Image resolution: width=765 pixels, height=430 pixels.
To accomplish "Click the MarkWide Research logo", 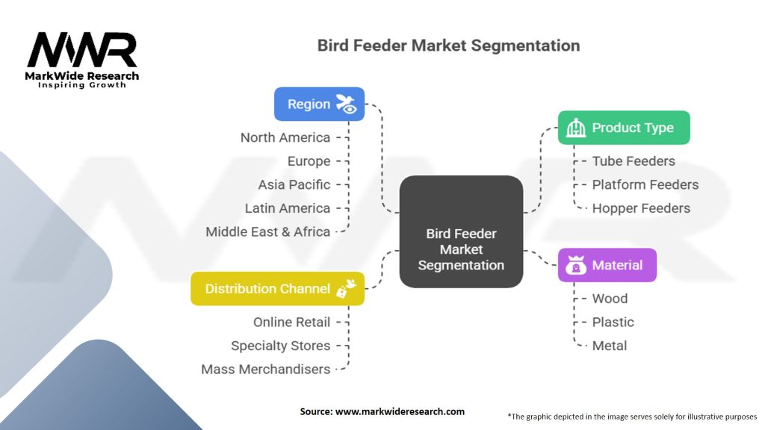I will click(x=82, y=58).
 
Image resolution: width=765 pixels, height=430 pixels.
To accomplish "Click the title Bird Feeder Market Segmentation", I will click(x=448, y=46).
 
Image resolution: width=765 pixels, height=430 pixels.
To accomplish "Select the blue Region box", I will click(x=319, y=104).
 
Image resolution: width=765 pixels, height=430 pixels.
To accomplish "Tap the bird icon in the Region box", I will click(x=347, y=104).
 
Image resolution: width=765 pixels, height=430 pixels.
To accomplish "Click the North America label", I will click(x=285, y=137).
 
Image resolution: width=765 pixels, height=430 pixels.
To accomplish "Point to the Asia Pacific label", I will click(x=294, y=184).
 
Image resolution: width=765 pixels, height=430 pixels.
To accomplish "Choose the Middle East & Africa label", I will click(x=267, y=231).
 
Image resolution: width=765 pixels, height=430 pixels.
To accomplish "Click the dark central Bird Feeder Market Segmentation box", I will click(x=461, y=231).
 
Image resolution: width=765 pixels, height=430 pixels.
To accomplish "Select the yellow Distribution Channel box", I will click(x=277, y=288).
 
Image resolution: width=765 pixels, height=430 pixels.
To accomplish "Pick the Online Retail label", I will click(x=291, y=322).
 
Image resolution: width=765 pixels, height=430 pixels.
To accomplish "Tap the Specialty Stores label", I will click(x=280, y=346).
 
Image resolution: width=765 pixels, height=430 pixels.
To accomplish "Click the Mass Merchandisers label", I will click(x=265, y=369).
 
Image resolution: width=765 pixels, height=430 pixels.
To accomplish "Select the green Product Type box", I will click(x=624, y=128).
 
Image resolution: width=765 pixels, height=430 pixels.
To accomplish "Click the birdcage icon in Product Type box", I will click(x=576, y=128).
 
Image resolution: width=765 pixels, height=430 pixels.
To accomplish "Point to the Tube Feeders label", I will click(x=633, y=161).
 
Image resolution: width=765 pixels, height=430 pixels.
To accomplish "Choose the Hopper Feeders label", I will click(x=641, y=208).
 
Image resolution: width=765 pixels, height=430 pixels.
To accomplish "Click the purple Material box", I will click(x=607, y=265).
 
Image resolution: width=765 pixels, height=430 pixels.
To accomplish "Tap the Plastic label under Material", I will click(x=613, y=322).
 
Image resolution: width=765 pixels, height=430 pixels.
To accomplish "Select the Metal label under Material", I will click(x=610, y=346).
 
